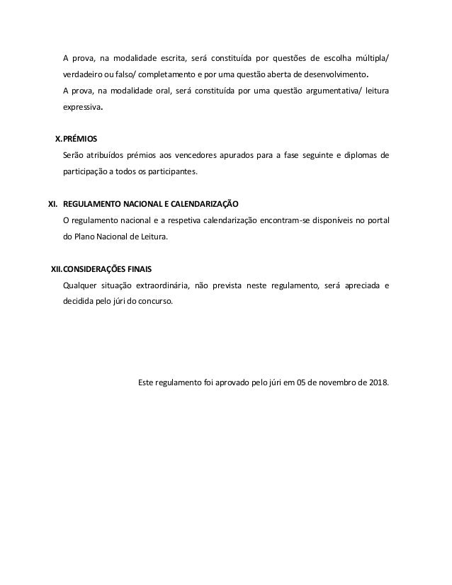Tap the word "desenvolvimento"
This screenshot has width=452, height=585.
[x=333, y=74]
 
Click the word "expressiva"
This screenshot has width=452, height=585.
[x=83, y=109]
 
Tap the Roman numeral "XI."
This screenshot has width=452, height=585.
[x=52, y=203]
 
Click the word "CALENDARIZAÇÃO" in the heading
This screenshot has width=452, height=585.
[x=201, y=203]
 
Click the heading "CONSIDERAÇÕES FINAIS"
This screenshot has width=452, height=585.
[x=107, y=270]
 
